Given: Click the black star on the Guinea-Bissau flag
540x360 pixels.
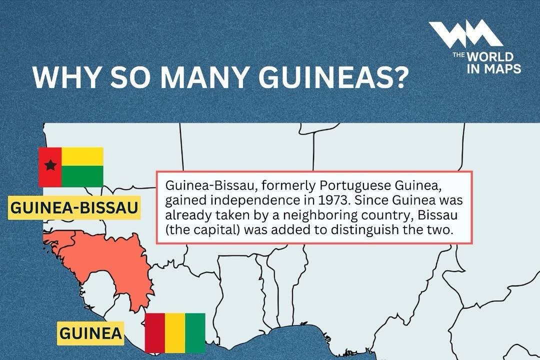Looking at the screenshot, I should tap(50, 165).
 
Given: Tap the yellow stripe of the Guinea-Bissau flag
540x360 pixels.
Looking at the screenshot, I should tap(82, 156).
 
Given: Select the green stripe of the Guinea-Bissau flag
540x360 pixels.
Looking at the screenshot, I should tap(82, 176).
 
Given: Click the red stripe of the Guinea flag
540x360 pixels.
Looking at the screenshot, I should tap(154, 333).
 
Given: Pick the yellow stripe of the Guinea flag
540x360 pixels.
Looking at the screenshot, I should tap(175, 333).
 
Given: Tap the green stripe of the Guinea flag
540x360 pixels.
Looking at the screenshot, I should tap(195, 333).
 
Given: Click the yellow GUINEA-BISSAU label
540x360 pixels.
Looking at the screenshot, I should tap(74, 208).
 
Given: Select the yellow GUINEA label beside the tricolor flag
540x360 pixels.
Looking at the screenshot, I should tap(90, 333).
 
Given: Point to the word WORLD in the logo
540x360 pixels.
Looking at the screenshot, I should tap(492, 57).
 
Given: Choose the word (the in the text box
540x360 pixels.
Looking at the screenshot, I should tap(176, 230).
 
